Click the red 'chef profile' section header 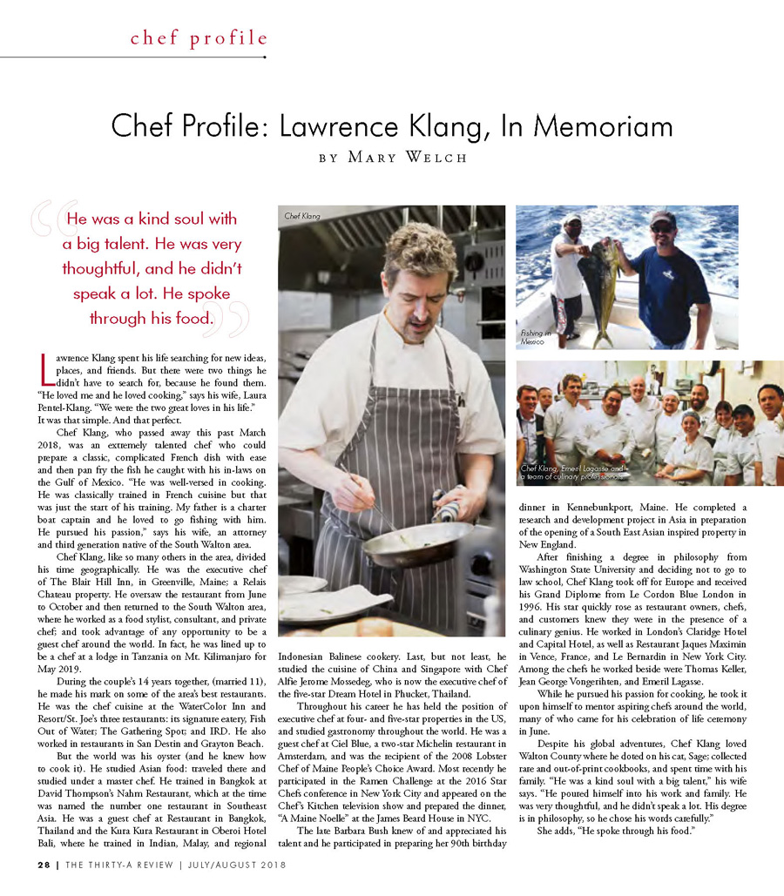coord(199,37)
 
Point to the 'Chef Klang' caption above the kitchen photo coord(300,214)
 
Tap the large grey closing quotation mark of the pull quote coord(233,320)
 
